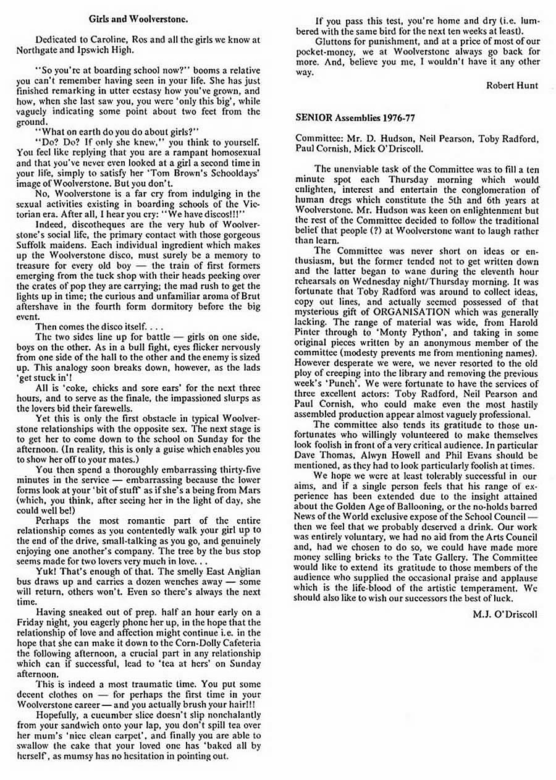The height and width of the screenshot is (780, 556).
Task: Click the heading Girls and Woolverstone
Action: click(x=138, y=20)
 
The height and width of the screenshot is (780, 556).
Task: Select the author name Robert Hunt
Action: click(x=512, y=86)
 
